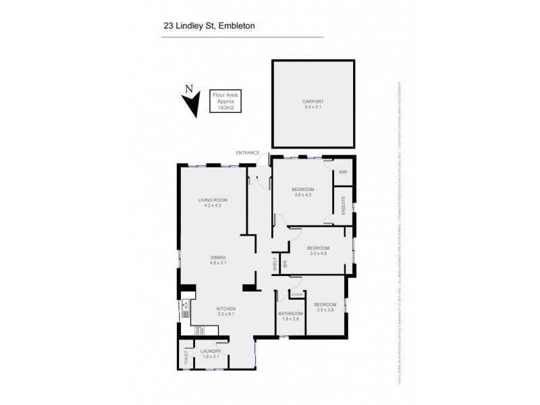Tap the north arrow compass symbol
pos(191,102)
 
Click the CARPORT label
pos(314,103)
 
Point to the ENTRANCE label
pos(247,153)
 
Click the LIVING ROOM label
pos(212,200)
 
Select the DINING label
pos(217,257)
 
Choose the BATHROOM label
pos(291,314)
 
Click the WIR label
pos(342,173)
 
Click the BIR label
pos(285,265)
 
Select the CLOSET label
pos(296,294)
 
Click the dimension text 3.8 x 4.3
pos(303,195)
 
